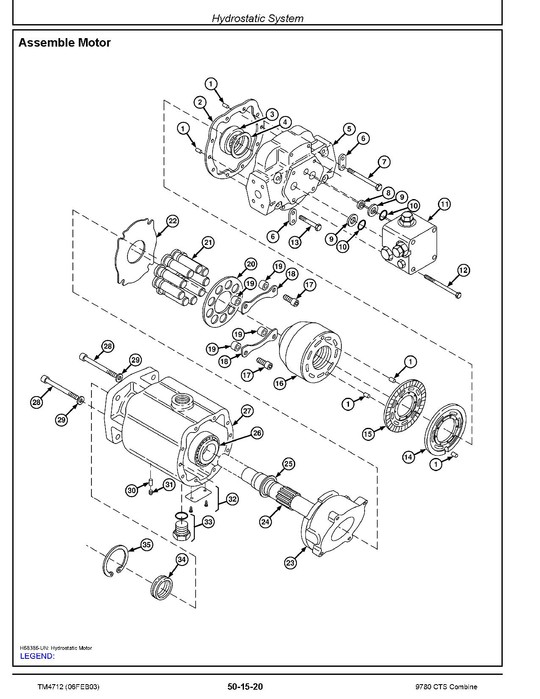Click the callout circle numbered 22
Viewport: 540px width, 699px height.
point(172,221)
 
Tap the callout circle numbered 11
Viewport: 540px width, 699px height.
point(444,204)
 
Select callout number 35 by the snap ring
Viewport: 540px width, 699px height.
point(147,545)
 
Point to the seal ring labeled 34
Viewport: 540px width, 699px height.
point(162,587)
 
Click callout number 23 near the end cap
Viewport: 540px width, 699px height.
point(290,563)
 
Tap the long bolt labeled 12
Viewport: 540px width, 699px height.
point(441,285)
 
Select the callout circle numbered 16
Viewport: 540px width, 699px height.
point(280,384)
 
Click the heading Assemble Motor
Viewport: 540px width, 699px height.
point(64,43)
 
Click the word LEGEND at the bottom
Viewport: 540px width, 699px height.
point(37,656)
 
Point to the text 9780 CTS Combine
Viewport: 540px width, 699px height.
point(446,687)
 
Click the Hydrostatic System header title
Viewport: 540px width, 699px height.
point(258,19)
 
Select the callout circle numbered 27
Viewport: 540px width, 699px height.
point(247,411)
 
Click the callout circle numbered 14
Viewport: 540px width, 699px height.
point(408,457)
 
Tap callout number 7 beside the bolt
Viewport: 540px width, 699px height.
point(384,161)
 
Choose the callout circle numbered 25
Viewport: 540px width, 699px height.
point(288,464)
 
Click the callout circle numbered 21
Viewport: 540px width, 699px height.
point(208,243)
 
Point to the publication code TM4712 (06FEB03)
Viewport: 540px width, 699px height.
point(68,687)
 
